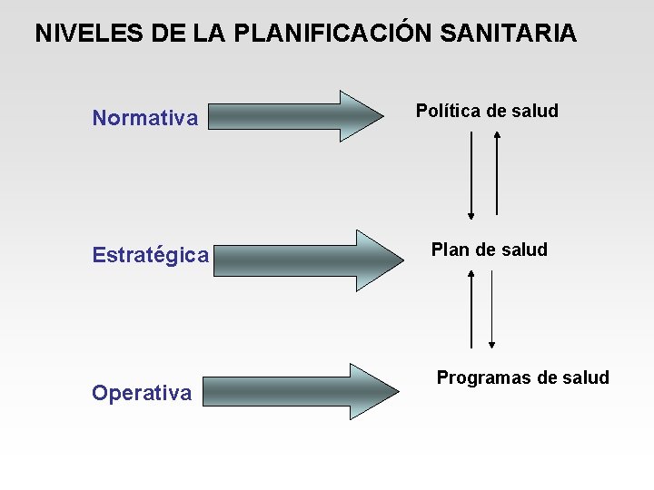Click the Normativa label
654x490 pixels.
pos(145,118)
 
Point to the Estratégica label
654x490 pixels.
pos(151,256)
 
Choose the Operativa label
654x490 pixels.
pos(142,393)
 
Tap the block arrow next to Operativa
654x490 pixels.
pos(300,391)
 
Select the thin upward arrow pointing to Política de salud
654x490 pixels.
pos(497,172)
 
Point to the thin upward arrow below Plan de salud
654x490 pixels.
pos(471,309)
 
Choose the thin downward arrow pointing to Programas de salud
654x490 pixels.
pos(491,309)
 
